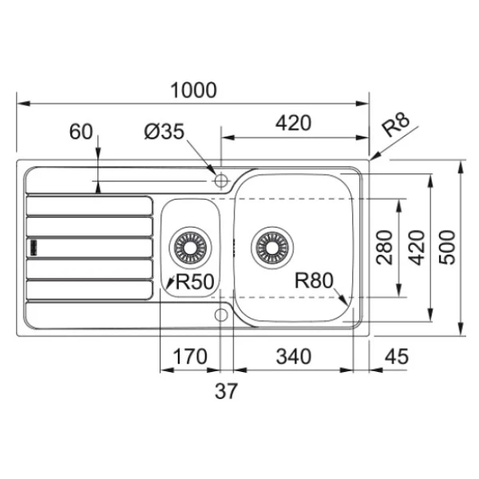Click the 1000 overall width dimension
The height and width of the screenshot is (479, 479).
tap(193, 90)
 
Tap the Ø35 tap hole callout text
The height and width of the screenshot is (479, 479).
tap(164, 132)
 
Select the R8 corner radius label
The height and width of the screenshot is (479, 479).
tap(396, 125)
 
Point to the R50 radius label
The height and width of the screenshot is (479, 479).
tap(195, 281)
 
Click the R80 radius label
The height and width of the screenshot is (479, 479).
tap(314, 280)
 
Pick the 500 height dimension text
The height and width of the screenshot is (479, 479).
tap(447, 247)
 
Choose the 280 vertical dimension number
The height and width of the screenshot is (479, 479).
tap(384, 247)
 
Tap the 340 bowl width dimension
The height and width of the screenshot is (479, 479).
tap(294, 357)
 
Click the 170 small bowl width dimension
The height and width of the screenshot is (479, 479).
tap(190, 357)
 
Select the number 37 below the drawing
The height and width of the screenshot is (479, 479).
tap(226, 391)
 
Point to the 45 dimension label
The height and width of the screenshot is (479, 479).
tap(397, 357)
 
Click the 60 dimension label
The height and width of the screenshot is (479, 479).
tap(81, 132)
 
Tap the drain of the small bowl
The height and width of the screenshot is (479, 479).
tap(190, 247)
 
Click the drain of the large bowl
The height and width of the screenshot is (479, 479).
tap(272, 247)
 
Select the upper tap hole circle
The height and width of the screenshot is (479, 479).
tap(221, 180)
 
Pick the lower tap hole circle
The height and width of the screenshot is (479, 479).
tap(221, 315)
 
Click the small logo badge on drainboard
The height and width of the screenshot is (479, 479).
tap(34, 247)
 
